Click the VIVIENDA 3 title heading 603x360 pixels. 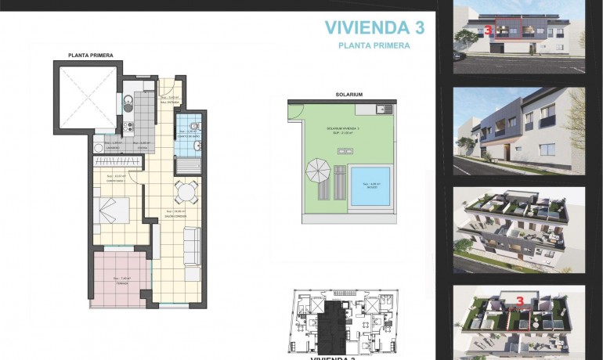pyautogui.click(x=374, y=28)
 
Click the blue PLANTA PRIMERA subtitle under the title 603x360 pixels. pyautogui.click(x=374, y=46)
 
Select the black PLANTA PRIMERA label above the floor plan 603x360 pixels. pyautogui.click(x=91, y=56)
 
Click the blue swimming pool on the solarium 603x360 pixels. pyautogui.click(x=370, y=186)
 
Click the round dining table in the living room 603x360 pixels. pyautogui.click(x=185, y=192)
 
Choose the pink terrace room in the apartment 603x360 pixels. pyautogui.click(x=118, y=279)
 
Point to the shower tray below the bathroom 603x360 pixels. pyautogui.click(x=188, y=166)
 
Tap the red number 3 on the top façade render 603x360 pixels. pyautogui.click(x=488, y=31)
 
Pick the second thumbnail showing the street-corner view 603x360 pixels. pyautogui.click(x=519, y=130)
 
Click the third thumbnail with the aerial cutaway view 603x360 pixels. pyautogui.click(x=519, y=229)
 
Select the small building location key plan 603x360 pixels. pyautogui.click(x=341, y=321)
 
